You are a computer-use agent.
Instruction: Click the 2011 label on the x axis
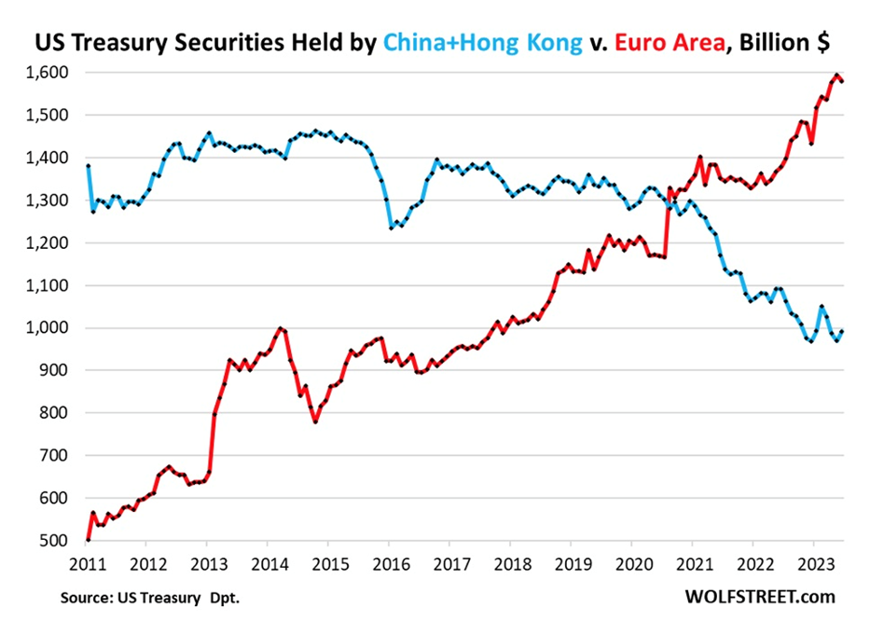(x=86, y=563)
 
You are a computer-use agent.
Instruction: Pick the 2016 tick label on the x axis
(x=388, y=563)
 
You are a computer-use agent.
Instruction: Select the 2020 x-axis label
(x=631, y=563)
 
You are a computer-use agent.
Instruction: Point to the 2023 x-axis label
(x=813, y=563)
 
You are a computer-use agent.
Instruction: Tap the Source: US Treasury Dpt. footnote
(x=151, y=598)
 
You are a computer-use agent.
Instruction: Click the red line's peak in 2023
(x=836, y=75)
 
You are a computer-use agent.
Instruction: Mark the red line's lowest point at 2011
(x=88, y=540)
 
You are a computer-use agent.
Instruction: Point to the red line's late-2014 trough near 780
(x=316, y=421)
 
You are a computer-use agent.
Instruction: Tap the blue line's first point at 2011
(x=88, y=166)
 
